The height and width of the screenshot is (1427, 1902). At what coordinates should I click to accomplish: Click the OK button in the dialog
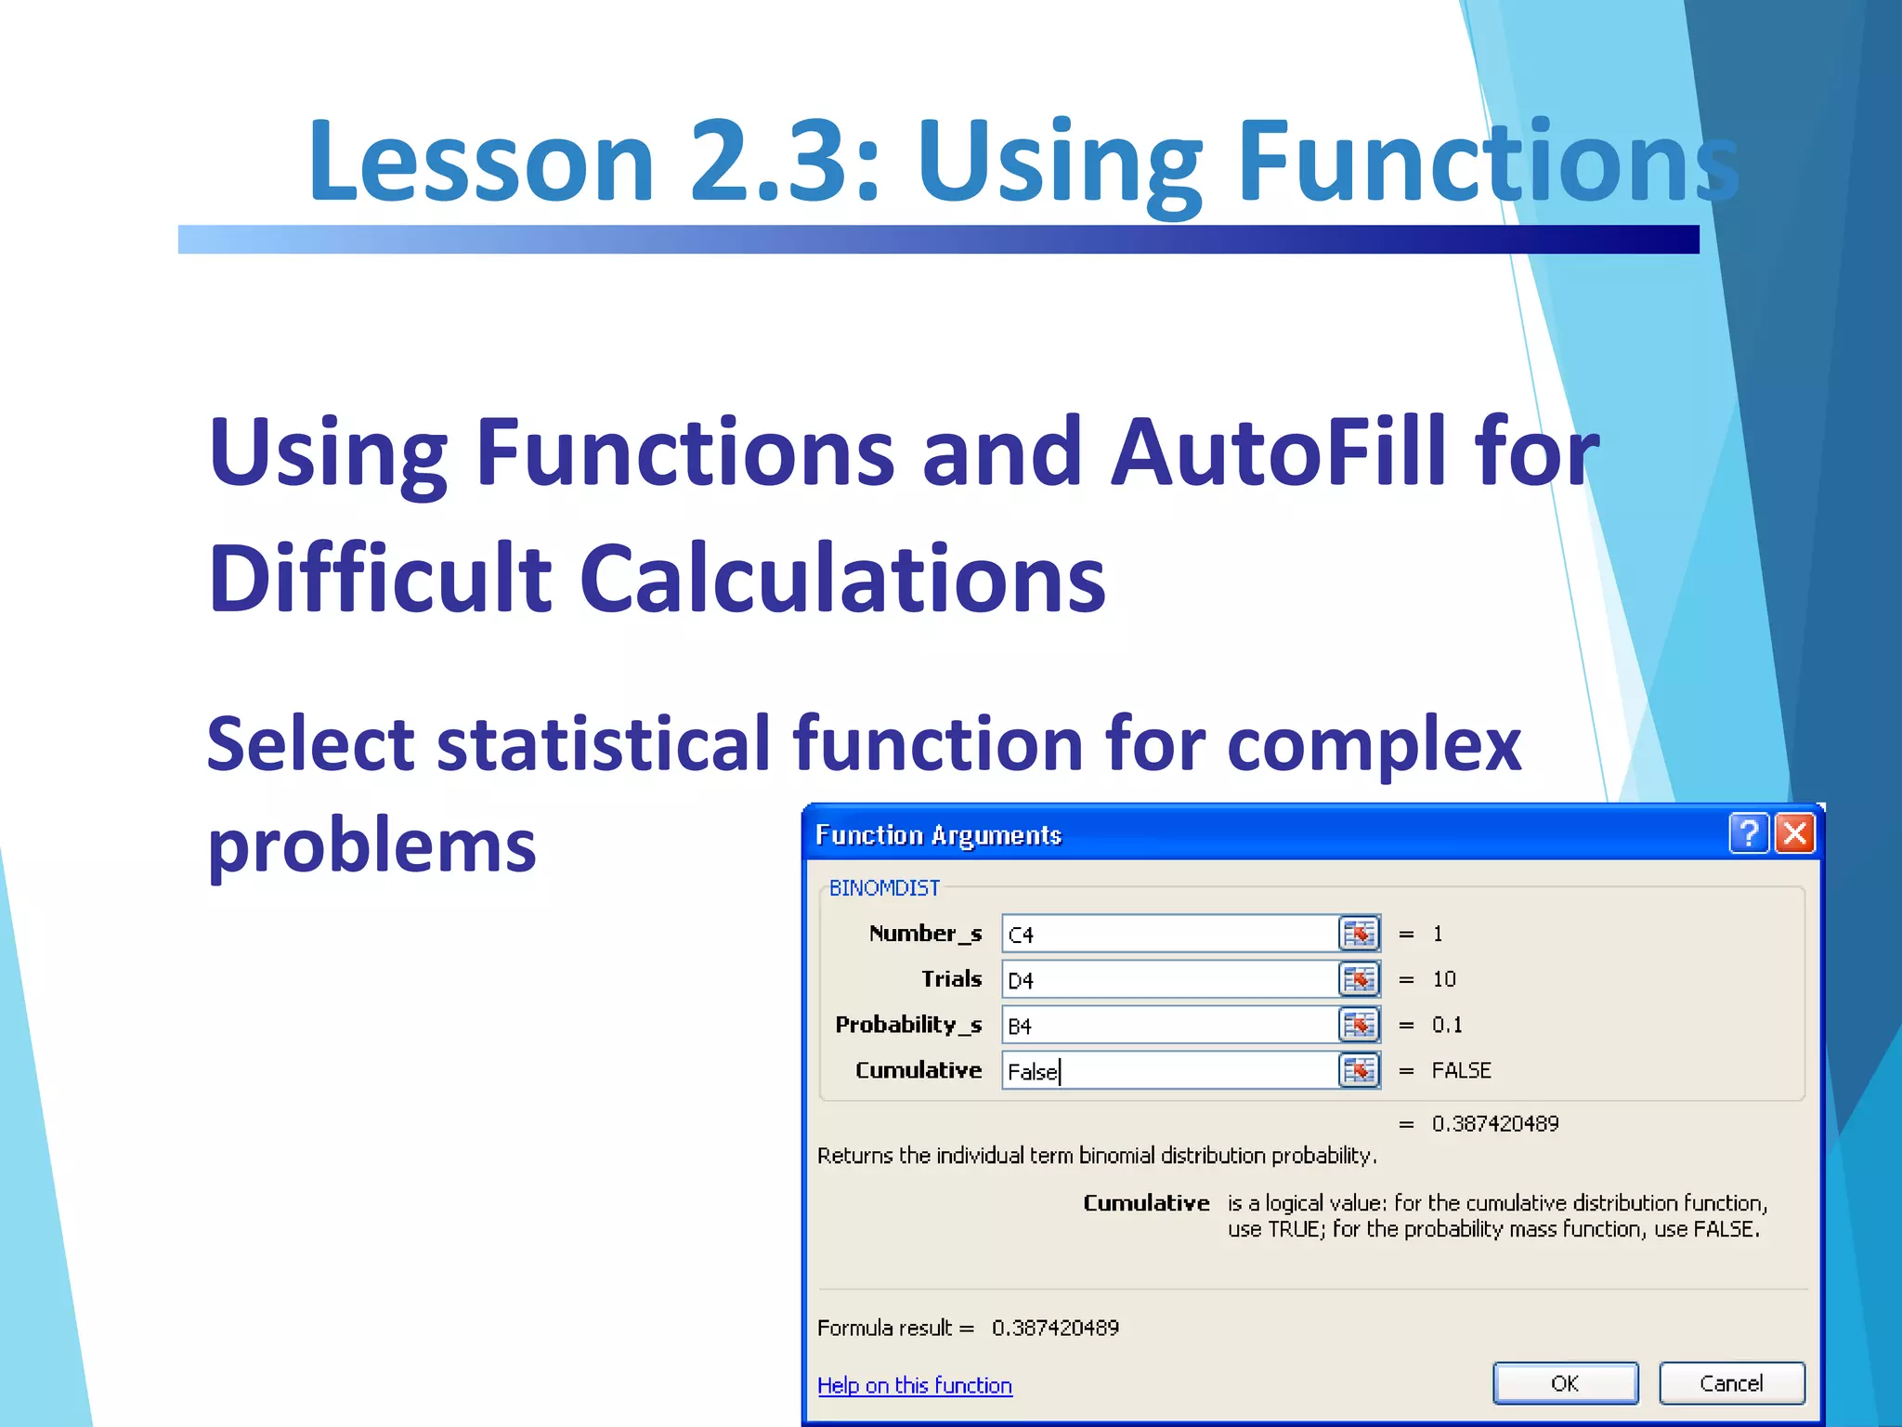point(1565,1382)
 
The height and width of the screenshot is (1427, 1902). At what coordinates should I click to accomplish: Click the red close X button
point(1795,833)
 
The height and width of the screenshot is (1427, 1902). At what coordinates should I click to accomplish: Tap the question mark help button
point(1748,833)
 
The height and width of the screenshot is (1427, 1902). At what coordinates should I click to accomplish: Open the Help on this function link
point(914,1385)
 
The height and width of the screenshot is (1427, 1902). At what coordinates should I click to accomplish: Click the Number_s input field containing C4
point(1168,934)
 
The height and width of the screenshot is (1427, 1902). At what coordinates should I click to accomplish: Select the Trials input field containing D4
point(1168,979)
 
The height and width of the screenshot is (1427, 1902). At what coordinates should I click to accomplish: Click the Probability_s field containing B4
point(1168,1025)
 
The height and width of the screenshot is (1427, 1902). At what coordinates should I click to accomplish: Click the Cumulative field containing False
point(1168,1070)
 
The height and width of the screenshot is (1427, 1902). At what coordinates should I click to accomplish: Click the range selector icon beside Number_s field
point(1359,934)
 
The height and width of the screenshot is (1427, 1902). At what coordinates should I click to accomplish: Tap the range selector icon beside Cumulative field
point(1359,1070)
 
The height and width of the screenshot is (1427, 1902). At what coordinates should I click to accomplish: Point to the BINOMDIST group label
point(883,888)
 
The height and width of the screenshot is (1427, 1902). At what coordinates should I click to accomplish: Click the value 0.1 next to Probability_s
point(1447,1025)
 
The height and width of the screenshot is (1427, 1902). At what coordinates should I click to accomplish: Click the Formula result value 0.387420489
point(1055,1328)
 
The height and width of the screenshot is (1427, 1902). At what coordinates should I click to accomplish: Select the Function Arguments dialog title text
point(938,835)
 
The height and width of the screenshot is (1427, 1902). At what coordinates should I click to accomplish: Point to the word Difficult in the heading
point(380,579)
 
